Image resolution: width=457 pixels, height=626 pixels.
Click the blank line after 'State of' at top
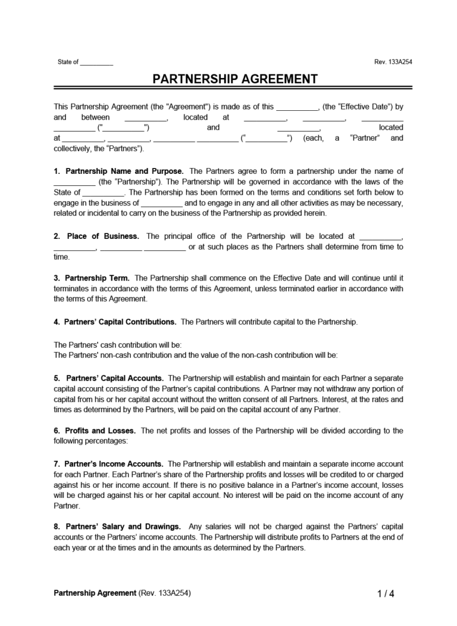click(x=96, y=63)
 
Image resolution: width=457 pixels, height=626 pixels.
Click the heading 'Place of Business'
click(x=102, y=236)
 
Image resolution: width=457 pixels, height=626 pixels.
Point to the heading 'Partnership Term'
click(x=96, y=278)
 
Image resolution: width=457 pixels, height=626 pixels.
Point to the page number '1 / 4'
click(x=386, y=594)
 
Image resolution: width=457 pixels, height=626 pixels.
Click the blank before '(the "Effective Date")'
click(x=298, y=108)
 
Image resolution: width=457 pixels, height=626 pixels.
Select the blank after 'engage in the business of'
click(x=162, y=203)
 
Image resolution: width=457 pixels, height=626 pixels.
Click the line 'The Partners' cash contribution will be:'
click(x=117, y=345)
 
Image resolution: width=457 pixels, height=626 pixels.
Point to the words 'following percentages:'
click(x=90, y=441)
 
